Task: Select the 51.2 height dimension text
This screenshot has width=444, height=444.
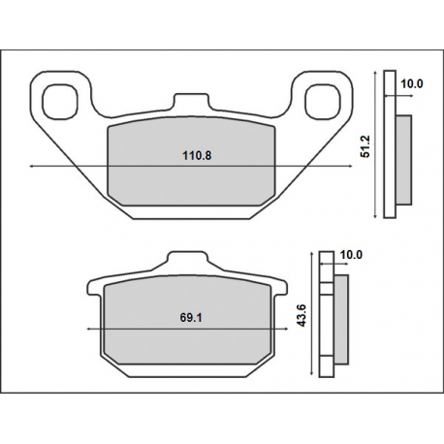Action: pos(365,144)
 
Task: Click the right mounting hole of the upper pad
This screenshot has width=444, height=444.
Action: pos(325,99)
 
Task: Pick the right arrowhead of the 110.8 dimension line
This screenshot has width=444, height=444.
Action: pos(352,167)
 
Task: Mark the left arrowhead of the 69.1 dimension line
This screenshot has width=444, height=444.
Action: pos(91,330)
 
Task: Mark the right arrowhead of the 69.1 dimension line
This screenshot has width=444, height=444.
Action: pos(283,330)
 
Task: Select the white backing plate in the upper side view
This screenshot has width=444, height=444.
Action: pos(390,145)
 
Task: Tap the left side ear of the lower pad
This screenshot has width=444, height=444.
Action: pos(95,287)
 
